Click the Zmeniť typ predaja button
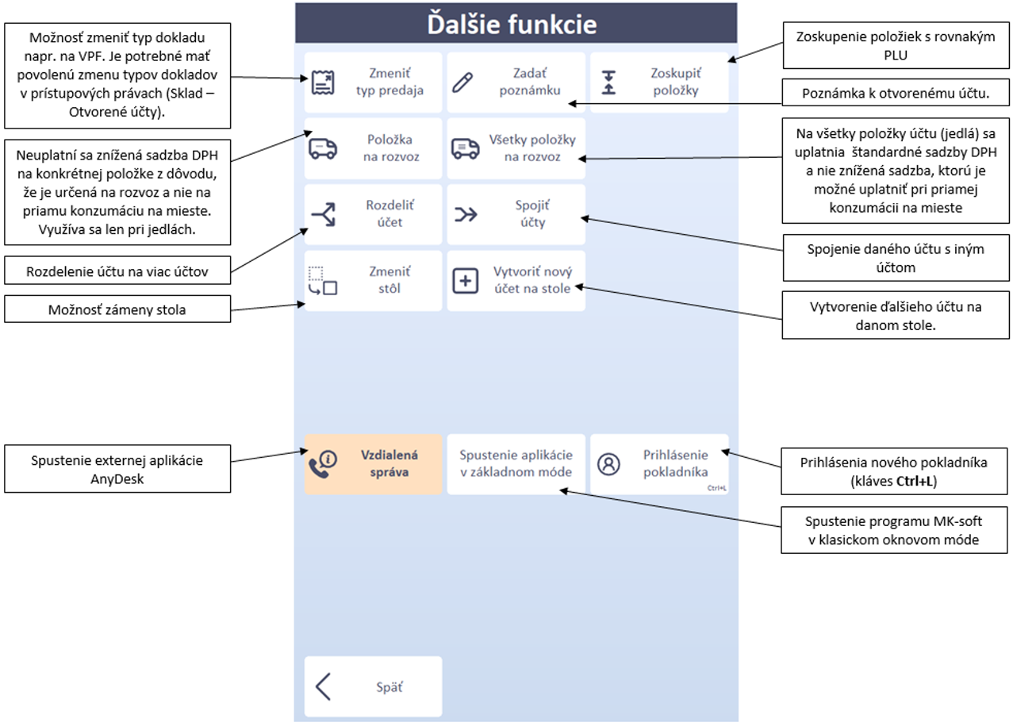[x=373, y=82]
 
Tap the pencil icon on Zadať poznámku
[x=465, y=82]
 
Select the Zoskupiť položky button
[x=659, y=82]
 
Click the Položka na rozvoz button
[x=373, y=148]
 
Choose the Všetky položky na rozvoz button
[x=516, y=148]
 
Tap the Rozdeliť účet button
[x=373, y=214]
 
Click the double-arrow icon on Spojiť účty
[x=466, y=214]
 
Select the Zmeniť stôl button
[x=373, y=280]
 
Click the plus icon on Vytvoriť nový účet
[x=466, y=281]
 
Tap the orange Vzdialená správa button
[x=373, y=464]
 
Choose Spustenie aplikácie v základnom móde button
[x=516, y=464]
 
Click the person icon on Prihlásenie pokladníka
[x=608, y=464]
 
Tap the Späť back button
[x=373, y=687]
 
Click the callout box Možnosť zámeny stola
[x=117, y=309]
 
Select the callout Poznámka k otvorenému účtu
[x=895, y=94]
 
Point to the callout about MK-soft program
[x=895, y=531]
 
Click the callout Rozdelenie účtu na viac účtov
[x=117, y=271]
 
